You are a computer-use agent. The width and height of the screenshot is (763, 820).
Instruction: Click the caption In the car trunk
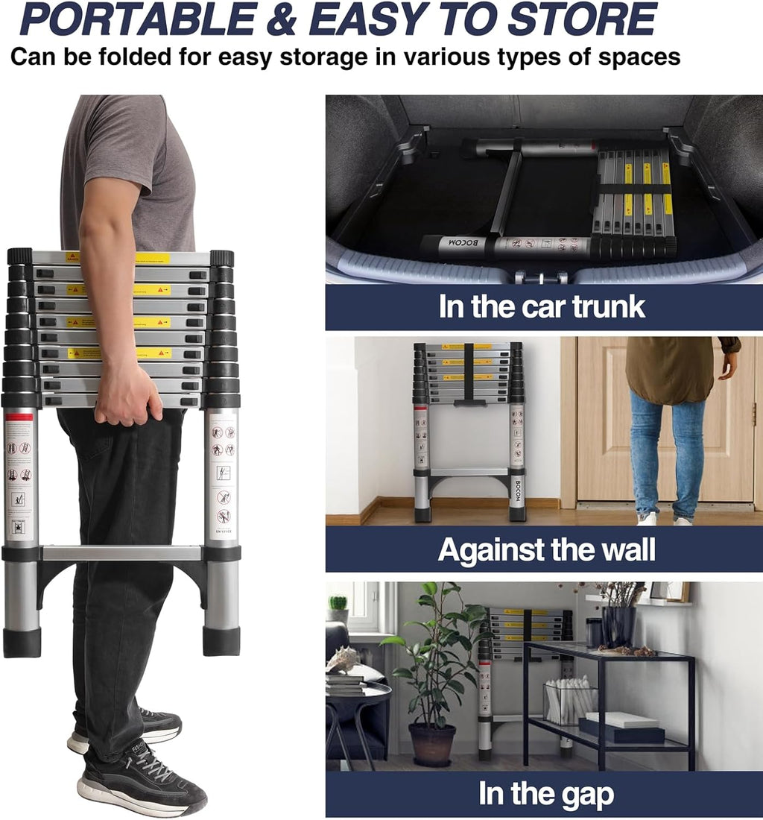542,306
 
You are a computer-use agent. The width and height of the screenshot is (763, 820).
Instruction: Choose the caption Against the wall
546,549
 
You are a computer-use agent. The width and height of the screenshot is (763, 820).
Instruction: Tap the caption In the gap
546,794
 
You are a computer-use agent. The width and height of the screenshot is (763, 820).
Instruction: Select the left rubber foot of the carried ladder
22,642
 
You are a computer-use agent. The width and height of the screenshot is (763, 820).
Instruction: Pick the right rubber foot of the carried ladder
221,640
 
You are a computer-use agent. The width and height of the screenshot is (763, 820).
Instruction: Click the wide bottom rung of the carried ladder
121,553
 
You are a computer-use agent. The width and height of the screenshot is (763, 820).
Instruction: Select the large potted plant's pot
431,744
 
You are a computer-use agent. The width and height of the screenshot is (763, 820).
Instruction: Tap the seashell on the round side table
343,659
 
